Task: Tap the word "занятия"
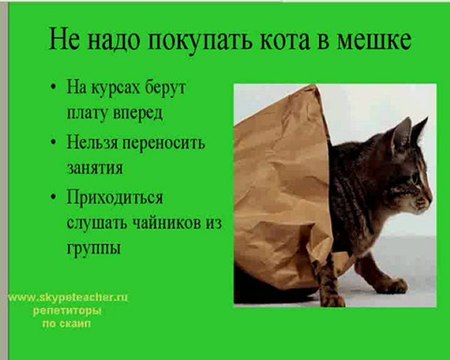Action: tap(102, 166)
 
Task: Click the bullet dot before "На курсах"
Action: tap(52, 88)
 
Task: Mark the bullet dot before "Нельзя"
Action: tap(52, 143)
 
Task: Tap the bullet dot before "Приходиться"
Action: tap(52, 198)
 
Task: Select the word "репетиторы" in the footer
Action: tap(67, 311)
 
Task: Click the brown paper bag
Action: tap(280, 190)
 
